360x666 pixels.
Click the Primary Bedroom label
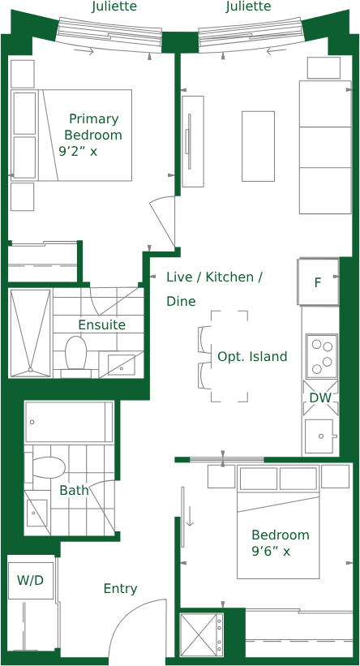click(93, 127)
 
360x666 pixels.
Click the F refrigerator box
click(319, 281)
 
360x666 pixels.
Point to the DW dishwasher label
click(319, 398)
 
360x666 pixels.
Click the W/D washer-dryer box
click(31, 580)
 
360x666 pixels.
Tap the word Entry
click(121, 589)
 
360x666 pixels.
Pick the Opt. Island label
click(252, 356)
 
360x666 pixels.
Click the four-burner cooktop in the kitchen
click(322, 355)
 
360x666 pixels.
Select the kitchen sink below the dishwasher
click(319, 436)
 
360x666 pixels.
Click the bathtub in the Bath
click(69, 422)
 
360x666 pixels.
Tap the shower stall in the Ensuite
click(31, 333)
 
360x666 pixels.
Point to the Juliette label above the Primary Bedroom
click(114, 6)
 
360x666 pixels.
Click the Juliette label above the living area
click(248, 6)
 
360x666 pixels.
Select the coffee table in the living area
click(258, 146)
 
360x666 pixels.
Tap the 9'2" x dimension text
click(78, 151)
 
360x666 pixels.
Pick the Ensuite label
click(102, 325)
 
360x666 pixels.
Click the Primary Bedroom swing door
click(163, 221)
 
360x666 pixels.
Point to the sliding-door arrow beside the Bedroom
click(190, 516)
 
